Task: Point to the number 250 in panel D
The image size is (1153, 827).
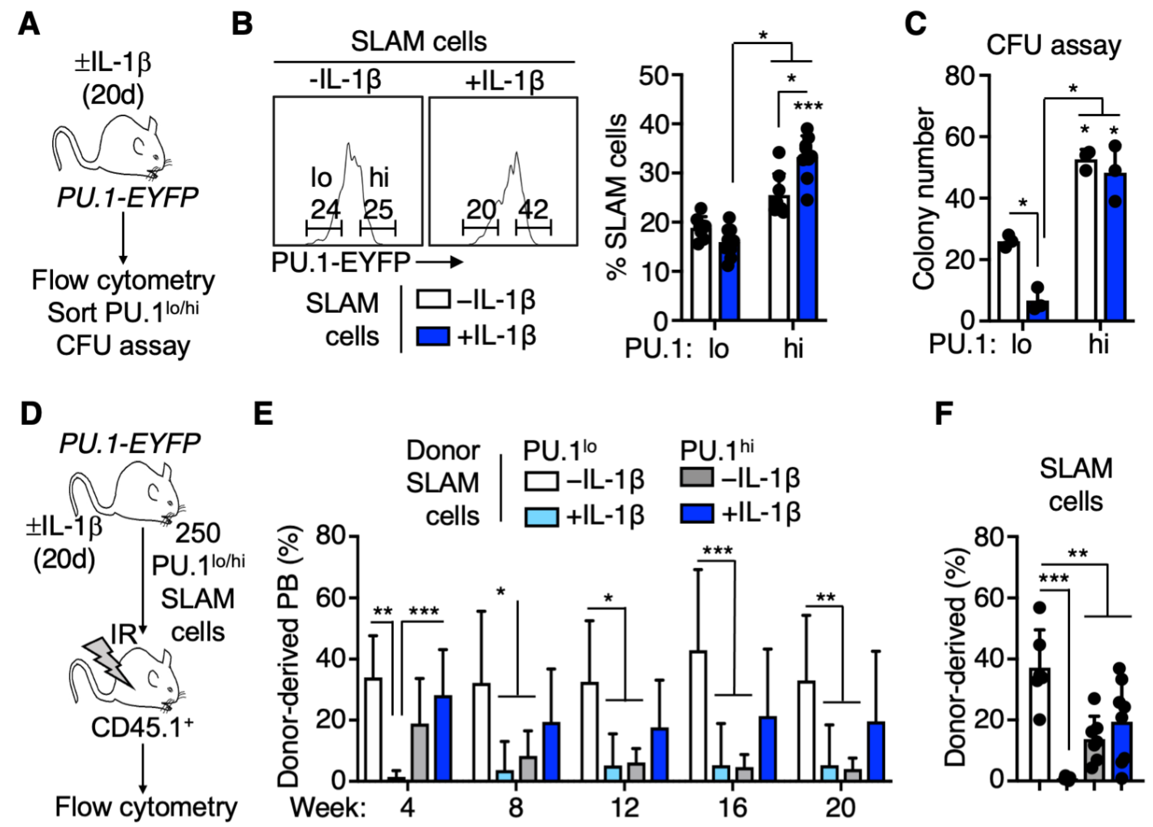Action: (x=198, y=533)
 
